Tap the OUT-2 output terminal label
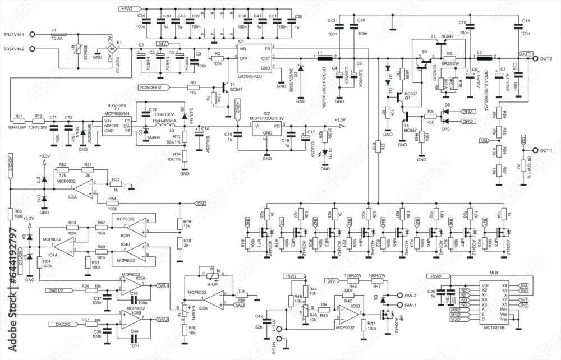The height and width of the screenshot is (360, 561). coord(548,58)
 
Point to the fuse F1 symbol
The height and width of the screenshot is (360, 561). coord(57,34)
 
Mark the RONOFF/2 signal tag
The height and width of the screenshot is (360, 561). coord(149,87)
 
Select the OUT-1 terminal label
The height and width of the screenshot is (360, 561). coord(548,151)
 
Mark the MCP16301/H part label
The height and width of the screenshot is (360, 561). coord(117,115)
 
